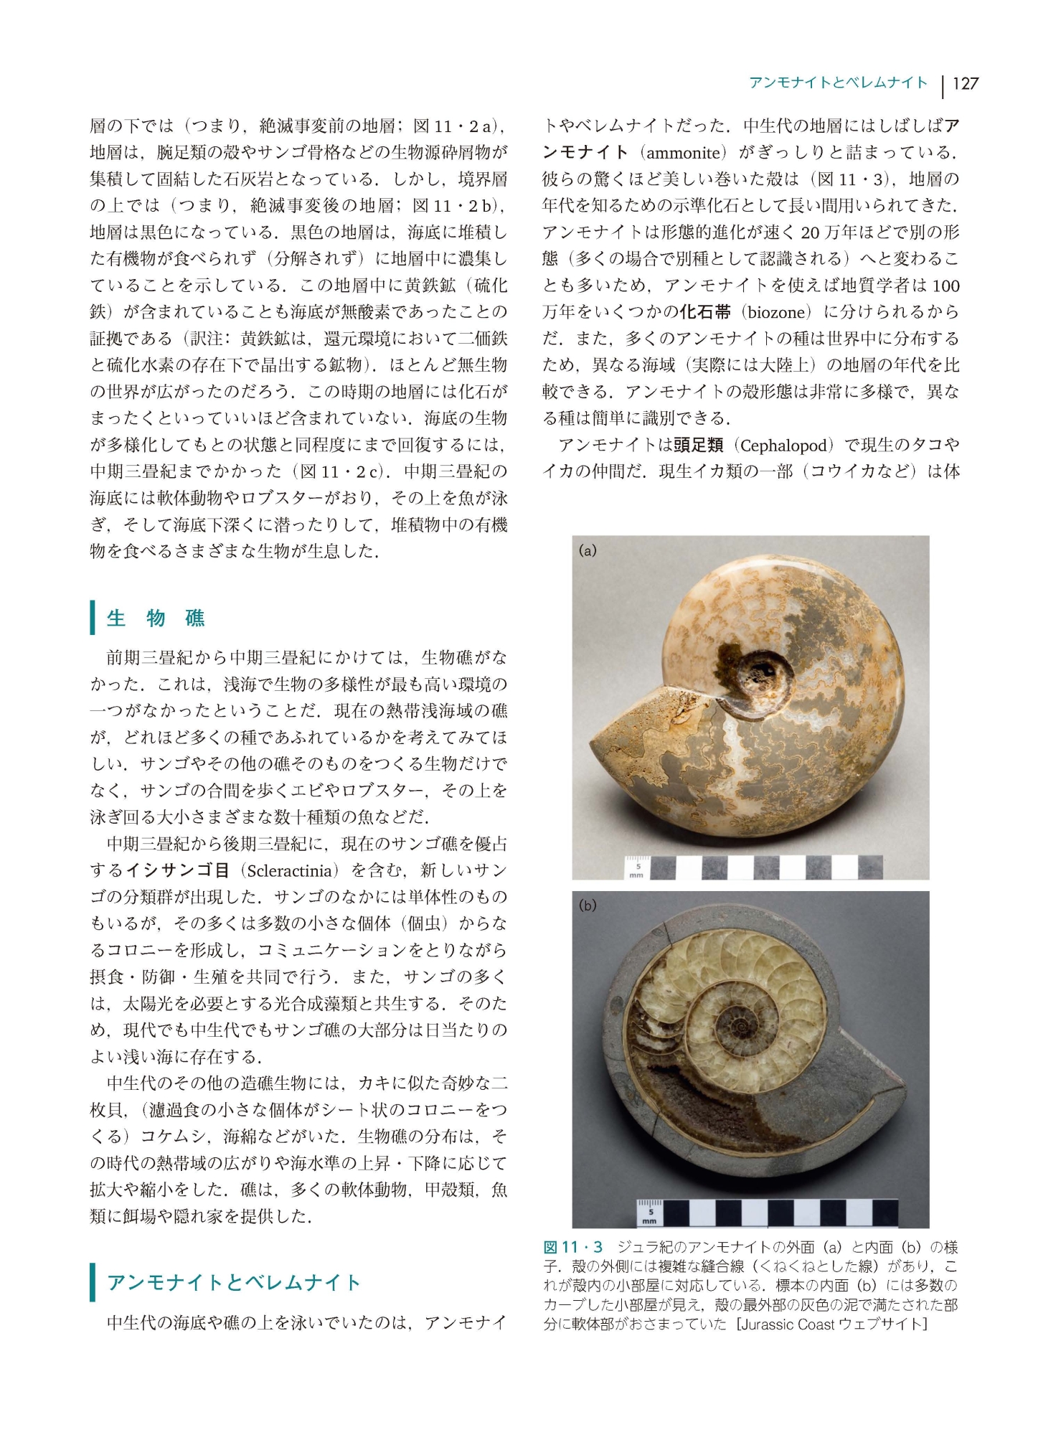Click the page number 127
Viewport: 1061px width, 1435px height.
[965, 84]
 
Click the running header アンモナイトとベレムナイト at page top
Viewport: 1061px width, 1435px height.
[838, 83]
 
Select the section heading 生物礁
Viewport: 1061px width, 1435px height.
[156, 618]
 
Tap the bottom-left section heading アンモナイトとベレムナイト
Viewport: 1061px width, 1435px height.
[233, 1282]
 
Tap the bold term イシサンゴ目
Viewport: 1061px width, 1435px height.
[178, 871]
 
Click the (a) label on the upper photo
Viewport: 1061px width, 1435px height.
[588, 551]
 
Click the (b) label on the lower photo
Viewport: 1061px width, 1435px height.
[588, 905]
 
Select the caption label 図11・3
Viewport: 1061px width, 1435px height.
[572, 1247]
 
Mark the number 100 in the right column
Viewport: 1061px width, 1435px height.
[946, 286]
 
